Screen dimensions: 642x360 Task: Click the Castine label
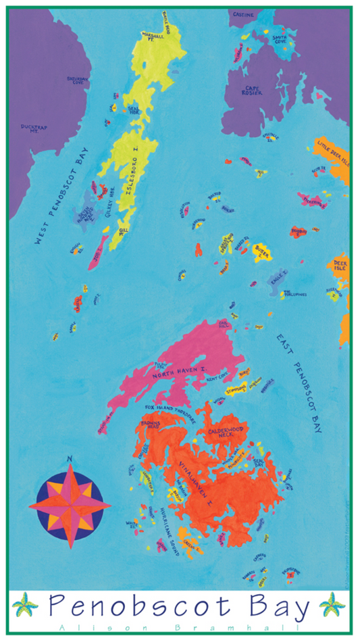pyautogui.click(x=243, y=14)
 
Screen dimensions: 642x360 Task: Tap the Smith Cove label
pyautogui.click(x=280, y=39)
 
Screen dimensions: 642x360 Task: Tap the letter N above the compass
pyautogui.click(x=70, y=460)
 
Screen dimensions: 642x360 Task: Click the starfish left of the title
pyautogui.click(x=25, y=605)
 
